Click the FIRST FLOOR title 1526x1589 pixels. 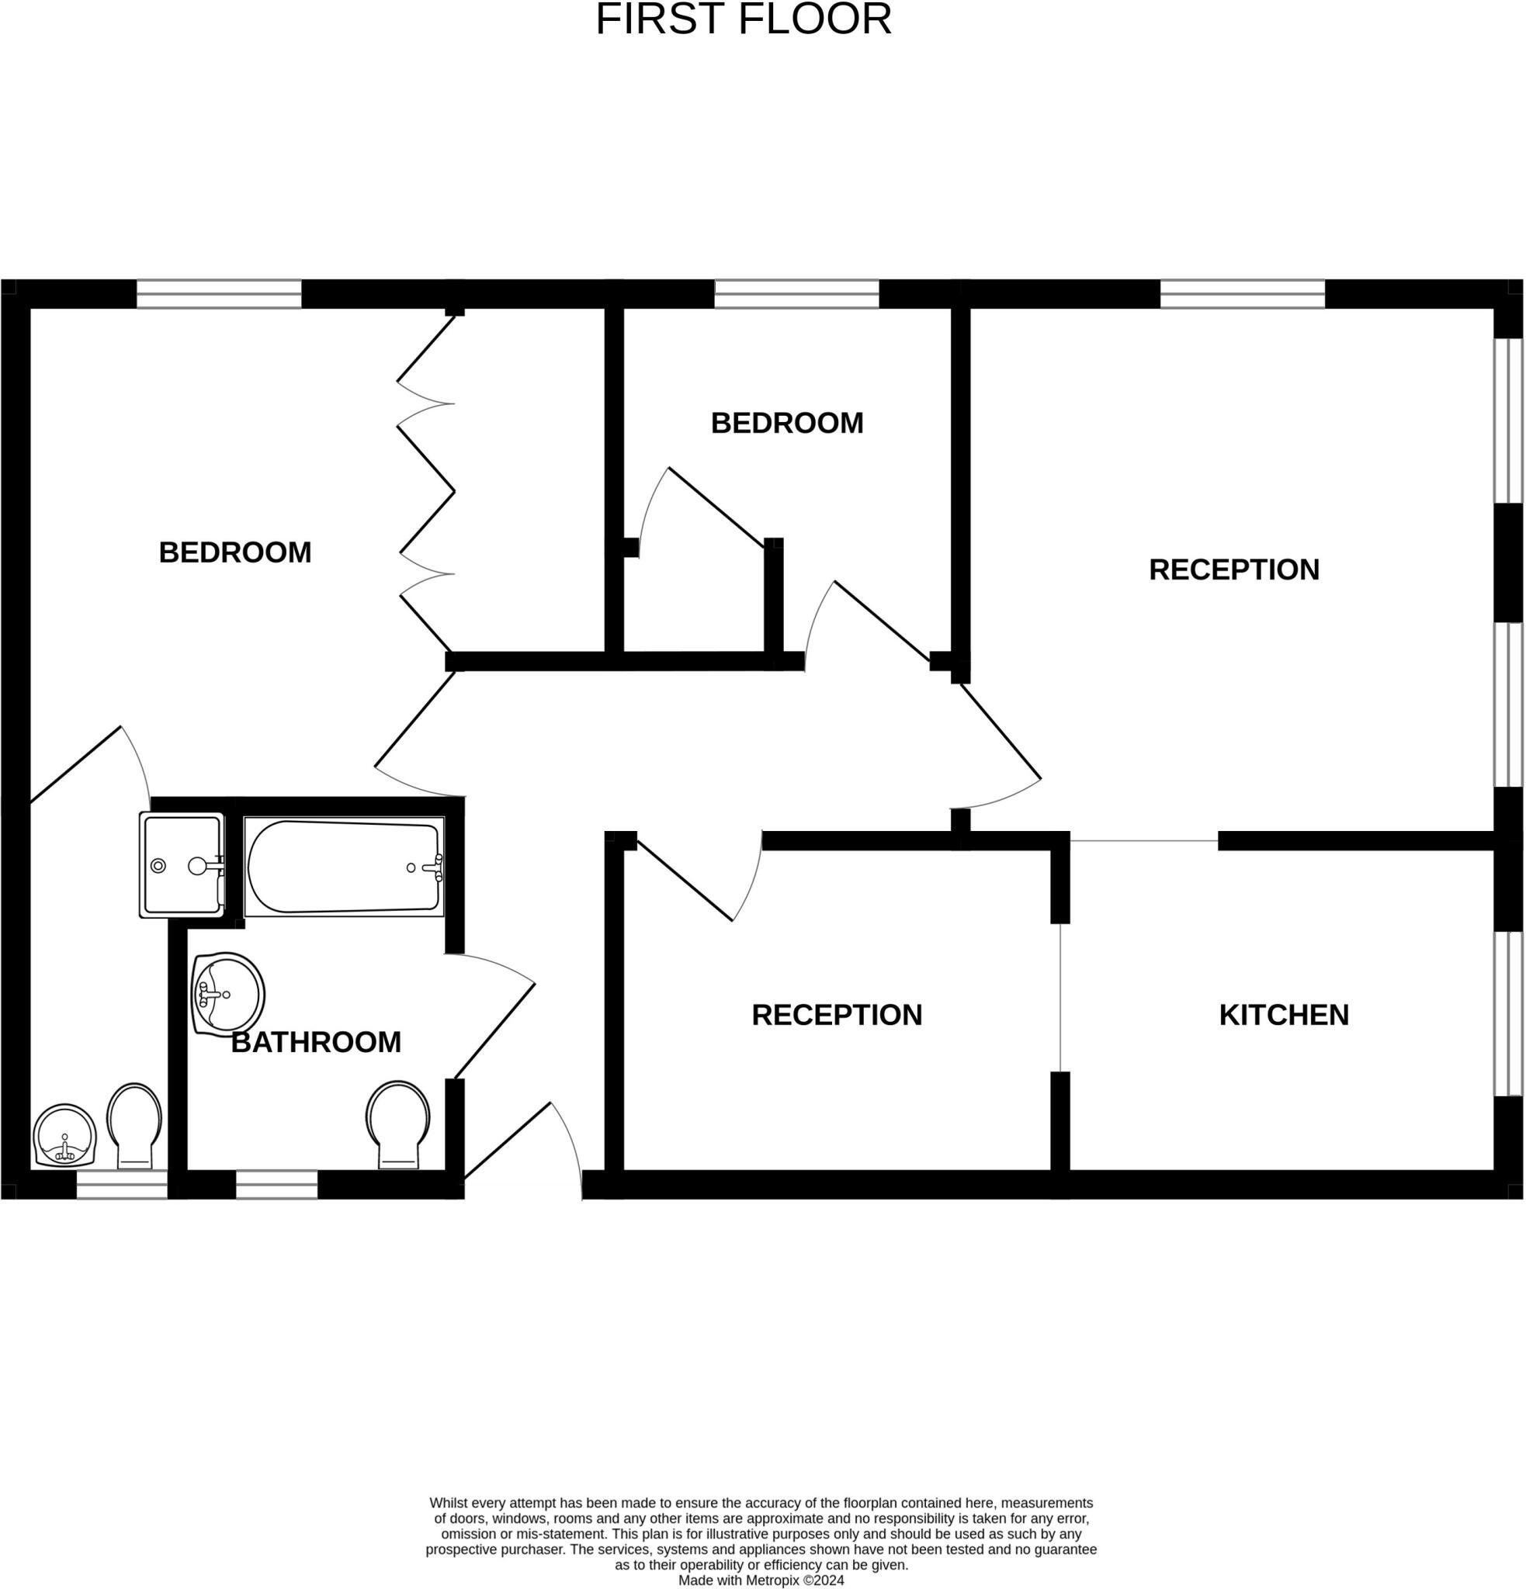(x=744, y=19)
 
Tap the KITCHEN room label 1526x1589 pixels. (x=1284, y=1015)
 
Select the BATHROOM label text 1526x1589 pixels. (x=315, y=1043)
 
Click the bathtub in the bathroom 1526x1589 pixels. (x=344, y=867)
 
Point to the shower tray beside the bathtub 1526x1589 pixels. (x=181, y=866)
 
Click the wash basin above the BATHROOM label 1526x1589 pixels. (x=228, y=994)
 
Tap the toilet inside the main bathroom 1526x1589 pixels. (x=397, y=1123)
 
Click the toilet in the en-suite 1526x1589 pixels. (x=134, y=1123)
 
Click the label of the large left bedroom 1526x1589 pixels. (x=235, y=553)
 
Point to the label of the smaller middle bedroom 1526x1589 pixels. (x=786, y=423)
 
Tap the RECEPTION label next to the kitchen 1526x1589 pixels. (x=837, y=1015)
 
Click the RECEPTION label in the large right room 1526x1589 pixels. (x=1233, y=570)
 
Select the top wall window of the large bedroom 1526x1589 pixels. (x=219, y=293)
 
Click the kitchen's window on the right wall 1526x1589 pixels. (x=1508, y=1013)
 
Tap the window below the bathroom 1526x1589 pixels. (x=276, y=1186)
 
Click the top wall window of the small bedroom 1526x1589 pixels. (x=796, y=293)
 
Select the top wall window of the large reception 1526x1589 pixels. (x=1242, y=293)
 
